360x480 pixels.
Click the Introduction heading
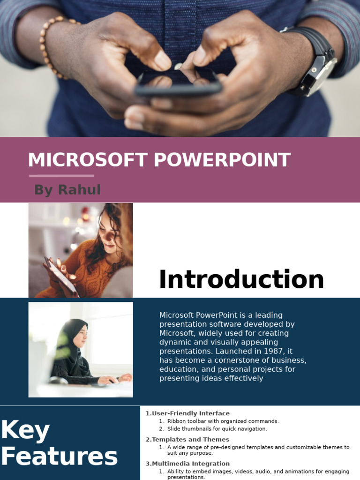tap(241, 280)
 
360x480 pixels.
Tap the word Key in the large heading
tap(25, 430)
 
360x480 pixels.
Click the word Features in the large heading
tap(59, 457)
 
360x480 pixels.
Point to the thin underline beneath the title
tap(61, 176)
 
